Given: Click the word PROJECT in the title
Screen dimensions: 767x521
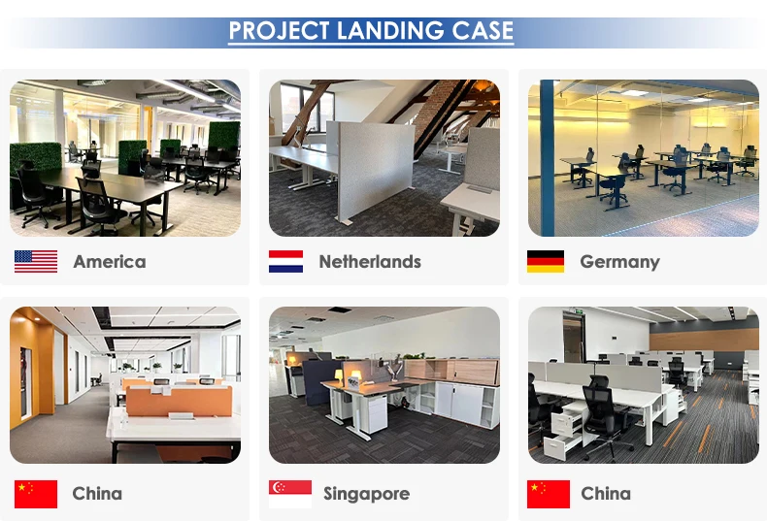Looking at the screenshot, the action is (x=279, y=31).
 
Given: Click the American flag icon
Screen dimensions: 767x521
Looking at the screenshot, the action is (x=36, y=262).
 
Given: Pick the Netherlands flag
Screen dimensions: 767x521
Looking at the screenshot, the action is (x=285, y=262).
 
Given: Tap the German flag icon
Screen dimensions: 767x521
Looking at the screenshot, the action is (x=546, y=262).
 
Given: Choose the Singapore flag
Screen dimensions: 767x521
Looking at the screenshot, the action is (x=290, y=494).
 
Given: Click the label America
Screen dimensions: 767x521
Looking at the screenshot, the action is (x=110, y=262).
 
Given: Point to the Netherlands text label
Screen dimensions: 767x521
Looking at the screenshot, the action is (x=370, y=262).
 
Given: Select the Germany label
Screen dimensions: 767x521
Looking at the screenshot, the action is (x=619, y=263).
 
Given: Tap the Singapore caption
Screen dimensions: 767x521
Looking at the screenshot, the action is (x=366, y=494).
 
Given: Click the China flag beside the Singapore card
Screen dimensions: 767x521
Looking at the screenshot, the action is (x=549, y=494).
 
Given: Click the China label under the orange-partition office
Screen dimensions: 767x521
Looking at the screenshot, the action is (x=97, y=494).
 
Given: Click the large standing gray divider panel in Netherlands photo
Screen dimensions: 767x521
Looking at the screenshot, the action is (x=371, y=170).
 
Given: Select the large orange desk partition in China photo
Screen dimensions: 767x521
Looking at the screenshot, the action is (x=179, y=401).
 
